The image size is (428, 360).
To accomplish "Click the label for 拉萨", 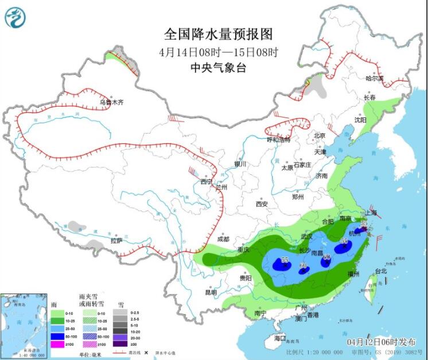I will pyautogui.click(x=116, y=241).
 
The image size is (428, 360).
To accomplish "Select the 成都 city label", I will pyautogui.click(x=223, y=239).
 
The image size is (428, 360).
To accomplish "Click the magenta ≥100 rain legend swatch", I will pyautogui.click(x=58, y=343).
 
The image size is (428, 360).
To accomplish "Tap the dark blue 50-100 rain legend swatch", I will pyautogui.click(x=58, y=336).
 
